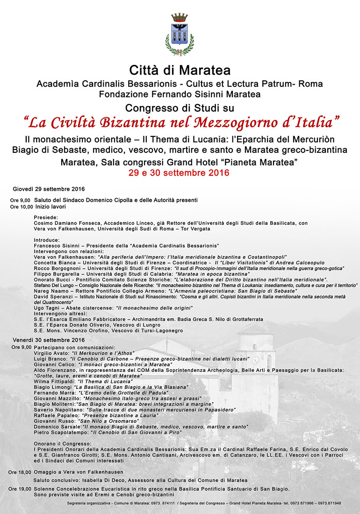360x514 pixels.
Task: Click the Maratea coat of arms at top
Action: (x=180, y=34)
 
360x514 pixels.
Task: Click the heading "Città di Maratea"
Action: (x=180, y=71)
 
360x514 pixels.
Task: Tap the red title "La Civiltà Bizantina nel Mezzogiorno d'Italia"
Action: (x=181, y=122)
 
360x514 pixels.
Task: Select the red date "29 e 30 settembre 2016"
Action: (x=180, y=173)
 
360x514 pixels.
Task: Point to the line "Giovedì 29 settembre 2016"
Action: (x=49, y=189)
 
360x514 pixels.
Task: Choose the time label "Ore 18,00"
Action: (x=20, y=472)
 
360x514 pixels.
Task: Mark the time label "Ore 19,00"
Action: (x=20, y=489)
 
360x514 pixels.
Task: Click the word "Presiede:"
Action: (x=46, y=217)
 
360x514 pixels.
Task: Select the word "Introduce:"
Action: (x=47, y=240)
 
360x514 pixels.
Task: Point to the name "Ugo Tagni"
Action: (x=47, y=308)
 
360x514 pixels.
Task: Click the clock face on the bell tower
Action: (x=255, y=360)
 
